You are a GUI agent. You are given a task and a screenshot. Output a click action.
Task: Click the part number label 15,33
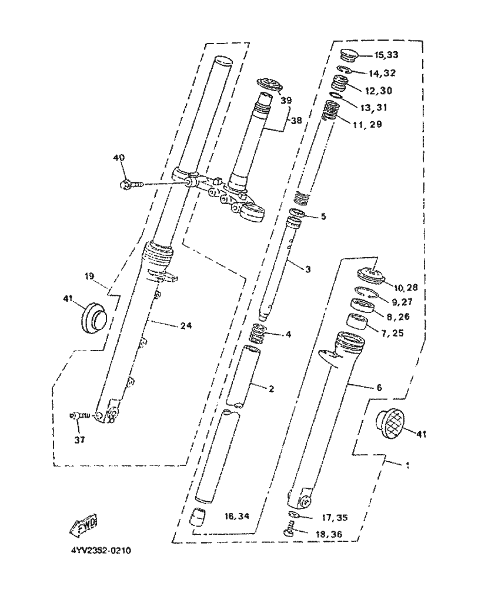tap(386, 56)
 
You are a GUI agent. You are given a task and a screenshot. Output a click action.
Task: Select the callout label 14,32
tap(382, 74)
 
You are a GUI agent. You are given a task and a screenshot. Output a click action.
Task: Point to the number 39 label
tap(286, 101)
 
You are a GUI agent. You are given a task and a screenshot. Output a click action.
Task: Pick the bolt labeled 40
tap(131, 185)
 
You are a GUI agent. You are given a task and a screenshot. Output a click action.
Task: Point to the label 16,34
tap(238, 517)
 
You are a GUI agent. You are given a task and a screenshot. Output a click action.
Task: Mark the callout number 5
tap(323, 216)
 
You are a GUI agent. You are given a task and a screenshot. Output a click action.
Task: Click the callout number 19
tap(89, 276)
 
